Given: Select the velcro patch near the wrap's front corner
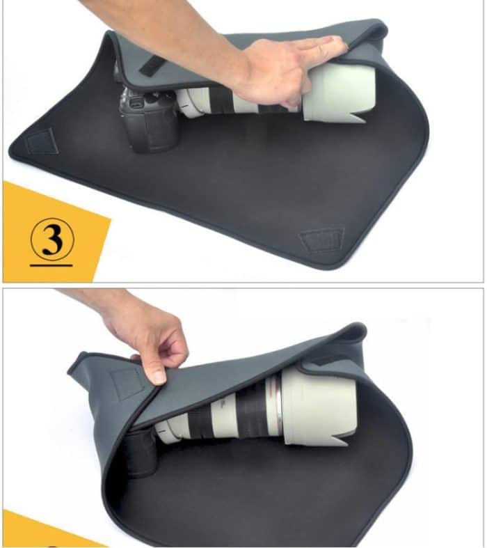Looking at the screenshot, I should click(x=321, y=240).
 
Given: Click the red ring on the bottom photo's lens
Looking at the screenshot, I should click(x=278, y=411).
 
